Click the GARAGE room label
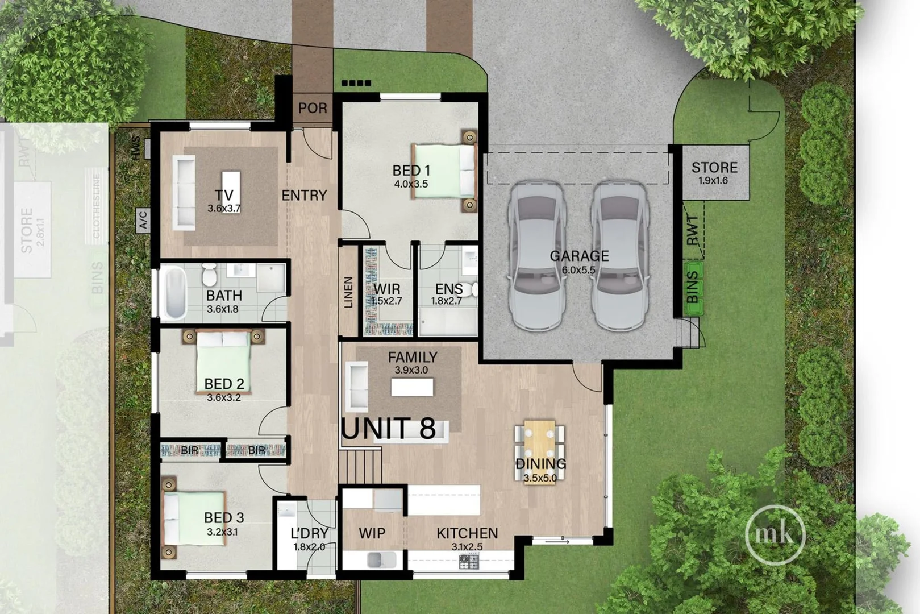(x=579, y=256)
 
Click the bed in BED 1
(x=444, y=171)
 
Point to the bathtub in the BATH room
(x=175, y=293)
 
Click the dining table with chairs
(x=539, y=449)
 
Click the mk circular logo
(x=775, y=534)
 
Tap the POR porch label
(x=313, y=108)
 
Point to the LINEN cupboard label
(x=348, y=292)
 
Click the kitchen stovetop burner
(x=469, y=562)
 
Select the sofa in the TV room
(x=184, y=192)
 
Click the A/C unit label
(x=143, y=219)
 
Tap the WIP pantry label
(x=372, y=533)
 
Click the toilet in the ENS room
(x=473, y=290)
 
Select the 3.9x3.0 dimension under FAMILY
(x=411, y=370)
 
